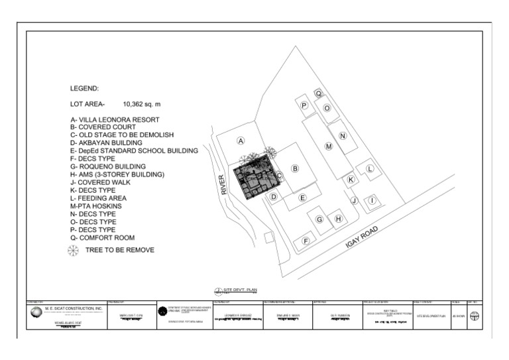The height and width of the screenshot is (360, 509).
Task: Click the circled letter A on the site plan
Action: (x=241, y=141)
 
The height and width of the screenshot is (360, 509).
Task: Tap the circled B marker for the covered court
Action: (x=296, y=168)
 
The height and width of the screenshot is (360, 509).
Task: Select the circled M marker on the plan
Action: (x=328, y=146)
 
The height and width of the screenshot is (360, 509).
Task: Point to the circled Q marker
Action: (x=318, y=93)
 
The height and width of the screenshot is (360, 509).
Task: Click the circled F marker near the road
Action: (x=306, y=241)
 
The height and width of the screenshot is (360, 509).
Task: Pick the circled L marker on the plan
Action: (x=370, y=168)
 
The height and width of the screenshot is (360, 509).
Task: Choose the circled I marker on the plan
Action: (x=372, y=200)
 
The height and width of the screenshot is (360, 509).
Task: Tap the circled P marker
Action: (x=304, y=105)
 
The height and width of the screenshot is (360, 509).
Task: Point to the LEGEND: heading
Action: (x=84, y=88)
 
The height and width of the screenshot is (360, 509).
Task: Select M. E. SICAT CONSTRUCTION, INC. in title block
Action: (x=74, y=308)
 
